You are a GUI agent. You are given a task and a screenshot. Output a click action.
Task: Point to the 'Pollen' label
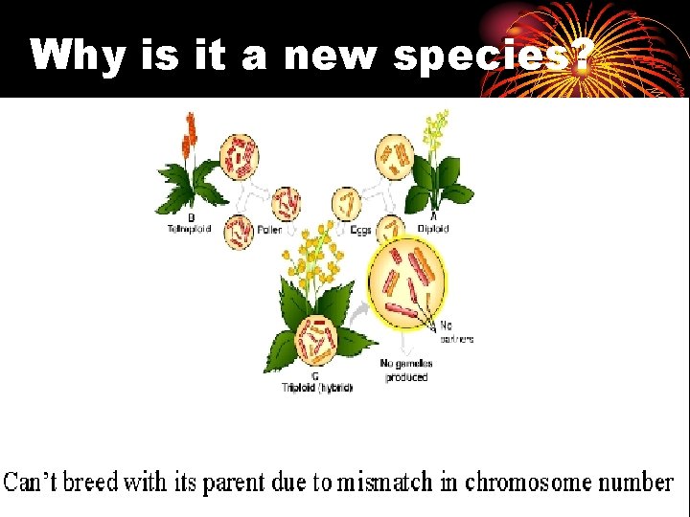(x=267, y=230)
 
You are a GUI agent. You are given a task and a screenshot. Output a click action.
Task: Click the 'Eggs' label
(x=359, y=230)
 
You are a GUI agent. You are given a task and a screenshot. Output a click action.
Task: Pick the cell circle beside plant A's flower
(x=393, y=155)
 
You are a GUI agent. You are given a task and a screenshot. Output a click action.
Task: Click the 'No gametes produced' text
(x=406, y=371)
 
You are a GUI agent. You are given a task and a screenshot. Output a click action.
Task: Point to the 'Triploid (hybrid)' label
(x=317, y=388)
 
